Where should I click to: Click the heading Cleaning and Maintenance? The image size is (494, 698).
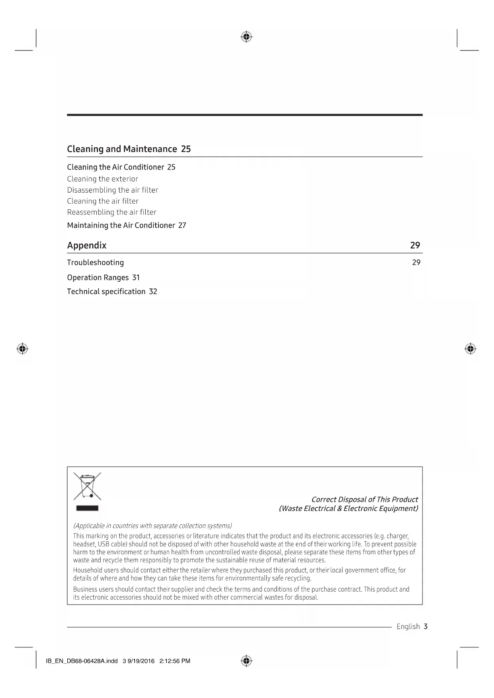(x=122, y=149)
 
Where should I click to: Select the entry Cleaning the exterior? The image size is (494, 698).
(x=102, y=179)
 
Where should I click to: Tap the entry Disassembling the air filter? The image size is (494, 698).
(x=112, y=190)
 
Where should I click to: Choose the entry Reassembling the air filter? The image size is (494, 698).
(x=111, y=212)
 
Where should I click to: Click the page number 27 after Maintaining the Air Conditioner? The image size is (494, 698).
(x=182, y=225)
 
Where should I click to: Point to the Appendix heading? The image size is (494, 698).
(x=87, y=245)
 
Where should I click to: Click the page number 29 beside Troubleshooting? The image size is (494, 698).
(x=416, y=262)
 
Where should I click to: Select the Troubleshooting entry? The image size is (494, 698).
(x=95, y=263)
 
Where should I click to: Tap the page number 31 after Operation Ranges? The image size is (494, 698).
(x=136, y=277)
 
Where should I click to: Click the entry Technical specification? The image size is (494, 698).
(x=106, y=292)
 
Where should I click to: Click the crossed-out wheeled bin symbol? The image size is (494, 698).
(x=87, y=486)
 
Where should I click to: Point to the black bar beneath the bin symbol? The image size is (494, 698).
(x=87, y=508)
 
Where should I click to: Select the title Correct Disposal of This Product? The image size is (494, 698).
(x=364, y=499)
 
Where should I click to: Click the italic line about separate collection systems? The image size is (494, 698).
(x=152, y=526)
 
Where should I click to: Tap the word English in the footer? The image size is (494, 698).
(x=408, y=627)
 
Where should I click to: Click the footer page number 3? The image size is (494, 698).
(x=426, y=627)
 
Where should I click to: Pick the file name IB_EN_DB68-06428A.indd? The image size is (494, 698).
(x=82, y=661)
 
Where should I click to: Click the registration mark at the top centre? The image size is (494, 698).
(x=246, y=37)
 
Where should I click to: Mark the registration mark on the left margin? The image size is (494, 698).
(x=22, y=349)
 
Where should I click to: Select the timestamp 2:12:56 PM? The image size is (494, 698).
(x=174, y=661)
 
